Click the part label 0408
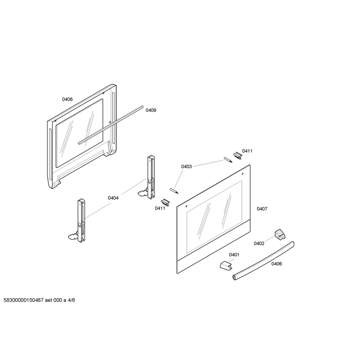[67, 99]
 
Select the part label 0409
[151, 110]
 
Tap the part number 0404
[113, 198]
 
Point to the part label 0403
[186, 166]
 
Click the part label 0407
[262, 209]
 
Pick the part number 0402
[259, 243]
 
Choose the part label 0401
[234, 255]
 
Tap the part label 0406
[277, 264]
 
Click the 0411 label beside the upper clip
[247, 151]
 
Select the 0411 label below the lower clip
[160, 208]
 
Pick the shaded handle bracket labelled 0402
[279, 234]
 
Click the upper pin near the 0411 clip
[228, 160]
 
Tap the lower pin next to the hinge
[174, 191]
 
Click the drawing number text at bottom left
[39, 300]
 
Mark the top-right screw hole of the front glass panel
[243, 174]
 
